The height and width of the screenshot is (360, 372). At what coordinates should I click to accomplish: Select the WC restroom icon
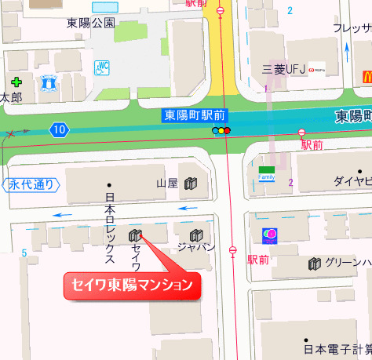[x=103, y=68]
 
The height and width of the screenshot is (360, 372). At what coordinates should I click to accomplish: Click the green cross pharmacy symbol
[x=16, y=82]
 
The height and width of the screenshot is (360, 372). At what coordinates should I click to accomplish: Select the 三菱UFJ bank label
[x=283, y=70]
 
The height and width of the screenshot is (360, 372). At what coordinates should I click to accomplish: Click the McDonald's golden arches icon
[x=365, y=76]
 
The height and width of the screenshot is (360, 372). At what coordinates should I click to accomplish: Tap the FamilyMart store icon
[x=268, y=173]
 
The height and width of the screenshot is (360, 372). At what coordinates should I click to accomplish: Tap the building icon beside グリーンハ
[x=315, y=264]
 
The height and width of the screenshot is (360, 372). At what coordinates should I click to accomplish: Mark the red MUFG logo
[x=317, y=70]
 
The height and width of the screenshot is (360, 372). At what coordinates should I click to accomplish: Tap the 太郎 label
[x=9, y=98]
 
